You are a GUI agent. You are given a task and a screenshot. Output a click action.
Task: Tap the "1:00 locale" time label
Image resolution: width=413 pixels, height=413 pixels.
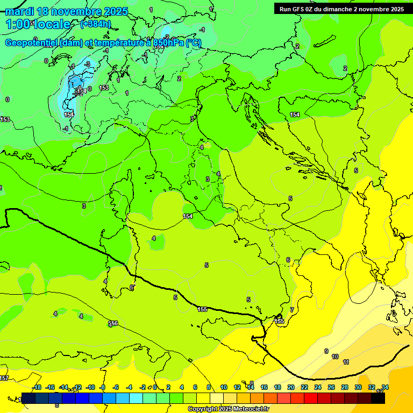pos(38,24)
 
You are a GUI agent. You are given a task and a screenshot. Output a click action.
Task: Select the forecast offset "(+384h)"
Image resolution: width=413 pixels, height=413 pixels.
pos(95,24)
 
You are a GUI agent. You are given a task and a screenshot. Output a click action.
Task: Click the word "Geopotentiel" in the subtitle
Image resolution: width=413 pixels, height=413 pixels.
pos(32,43)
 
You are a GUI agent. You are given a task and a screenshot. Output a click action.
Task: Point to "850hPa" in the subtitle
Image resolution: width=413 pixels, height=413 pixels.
pos(168,43)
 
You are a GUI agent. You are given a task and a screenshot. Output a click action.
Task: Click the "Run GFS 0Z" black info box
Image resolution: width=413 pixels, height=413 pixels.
pos(341,9)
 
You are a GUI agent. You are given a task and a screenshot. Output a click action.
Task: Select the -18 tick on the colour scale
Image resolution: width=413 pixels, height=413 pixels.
pos(37,387)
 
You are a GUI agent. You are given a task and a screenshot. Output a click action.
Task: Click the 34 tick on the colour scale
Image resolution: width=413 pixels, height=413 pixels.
pos(385,387)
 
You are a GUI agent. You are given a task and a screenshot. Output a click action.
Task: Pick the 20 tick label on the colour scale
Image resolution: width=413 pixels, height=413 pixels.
pos(291,387)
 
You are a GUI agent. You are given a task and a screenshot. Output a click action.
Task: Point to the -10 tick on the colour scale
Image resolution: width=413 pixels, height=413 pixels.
pos(90,387)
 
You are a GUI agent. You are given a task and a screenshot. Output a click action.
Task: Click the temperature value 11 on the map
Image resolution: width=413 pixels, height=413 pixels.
pos(346,362)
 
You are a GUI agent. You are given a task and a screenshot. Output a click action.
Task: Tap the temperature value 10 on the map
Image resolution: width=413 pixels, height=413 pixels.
pos(335,357)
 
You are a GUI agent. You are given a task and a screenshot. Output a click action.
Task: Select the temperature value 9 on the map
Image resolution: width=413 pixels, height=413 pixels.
pos(326,351)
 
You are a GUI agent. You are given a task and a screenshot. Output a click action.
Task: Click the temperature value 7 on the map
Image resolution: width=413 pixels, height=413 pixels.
pos(292,310)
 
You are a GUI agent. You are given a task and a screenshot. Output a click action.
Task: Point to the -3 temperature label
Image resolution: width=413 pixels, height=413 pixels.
pos(87,64)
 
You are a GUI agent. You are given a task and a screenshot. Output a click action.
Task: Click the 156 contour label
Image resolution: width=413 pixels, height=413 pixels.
pos(113,324)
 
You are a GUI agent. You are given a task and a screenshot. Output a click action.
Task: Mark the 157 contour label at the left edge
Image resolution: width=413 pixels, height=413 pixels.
pos(4,379)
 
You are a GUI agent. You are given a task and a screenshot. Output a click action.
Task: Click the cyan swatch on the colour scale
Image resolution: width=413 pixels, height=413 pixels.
pos(137,398)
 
